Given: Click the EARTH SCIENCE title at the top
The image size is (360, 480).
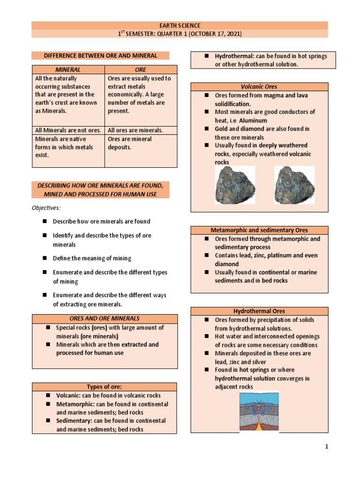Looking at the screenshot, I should point(180,26).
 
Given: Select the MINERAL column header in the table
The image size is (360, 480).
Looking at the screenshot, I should point(68,69).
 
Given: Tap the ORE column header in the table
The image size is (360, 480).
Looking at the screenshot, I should point(140,69).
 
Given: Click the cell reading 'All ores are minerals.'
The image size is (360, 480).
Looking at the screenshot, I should point(135,130).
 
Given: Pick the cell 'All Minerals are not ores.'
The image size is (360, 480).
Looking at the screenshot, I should point(67,130).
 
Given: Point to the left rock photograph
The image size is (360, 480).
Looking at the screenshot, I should point(235,185).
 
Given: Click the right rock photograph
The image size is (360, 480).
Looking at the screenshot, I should point(294,185).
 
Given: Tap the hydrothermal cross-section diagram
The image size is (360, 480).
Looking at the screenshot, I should point(259,411).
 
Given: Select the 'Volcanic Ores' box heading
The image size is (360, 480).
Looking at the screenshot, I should point(259,87).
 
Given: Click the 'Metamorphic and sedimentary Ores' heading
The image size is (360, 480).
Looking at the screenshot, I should point(259,230).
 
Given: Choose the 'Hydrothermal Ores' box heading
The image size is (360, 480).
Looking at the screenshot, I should point(259,311).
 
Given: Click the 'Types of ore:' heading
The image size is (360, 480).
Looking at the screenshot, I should point(105,387).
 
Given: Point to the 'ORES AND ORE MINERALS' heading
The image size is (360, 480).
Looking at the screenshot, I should point(105,319).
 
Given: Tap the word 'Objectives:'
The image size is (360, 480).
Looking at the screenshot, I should point(46,208).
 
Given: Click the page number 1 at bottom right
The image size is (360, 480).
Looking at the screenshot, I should point(327,447).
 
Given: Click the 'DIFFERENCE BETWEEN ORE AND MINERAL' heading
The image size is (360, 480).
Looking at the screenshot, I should point(100,56).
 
